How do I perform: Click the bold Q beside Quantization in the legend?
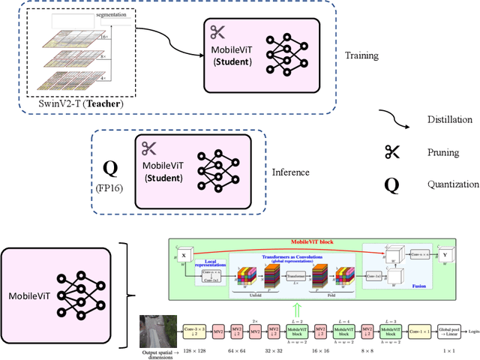(391, 184)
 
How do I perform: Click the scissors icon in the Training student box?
(217, 31)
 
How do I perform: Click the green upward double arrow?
(297, 308)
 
